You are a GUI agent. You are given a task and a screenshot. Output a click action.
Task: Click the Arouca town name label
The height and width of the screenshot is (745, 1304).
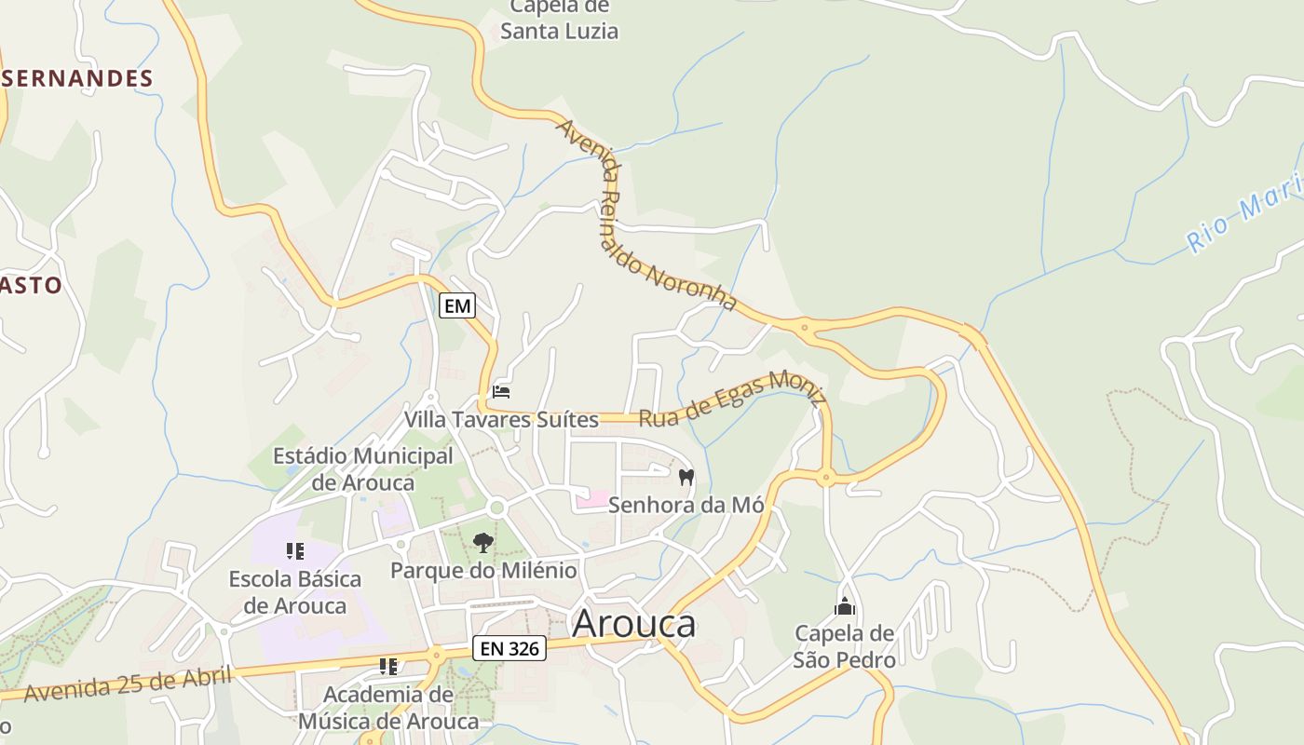point(633,624)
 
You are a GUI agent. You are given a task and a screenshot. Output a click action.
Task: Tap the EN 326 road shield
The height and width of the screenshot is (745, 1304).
point(509,648)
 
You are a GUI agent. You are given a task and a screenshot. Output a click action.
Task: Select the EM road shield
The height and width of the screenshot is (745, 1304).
point(457,305)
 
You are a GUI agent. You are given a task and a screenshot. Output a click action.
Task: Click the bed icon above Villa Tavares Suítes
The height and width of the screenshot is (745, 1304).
point(501,392)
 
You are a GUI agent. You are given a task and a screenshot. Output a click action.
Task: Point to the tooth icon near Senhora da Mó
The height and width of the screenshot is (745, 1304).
point(686,478)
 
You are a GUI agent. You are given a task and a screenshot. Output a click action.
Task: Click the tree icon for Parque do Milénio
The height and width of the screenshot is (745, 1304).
point(482,542)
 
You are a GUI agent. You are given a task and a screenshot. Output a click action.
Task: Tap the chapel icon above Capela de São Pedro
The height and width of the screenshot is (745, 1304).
point(845,607)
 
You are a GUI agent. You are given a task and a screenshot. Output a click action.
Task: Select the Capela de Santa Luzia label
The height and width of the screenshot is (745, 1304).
point(559,20)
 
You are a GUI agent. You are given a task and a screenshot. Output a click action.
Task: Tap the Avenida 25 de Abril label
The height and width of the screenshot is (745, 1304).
point(127,684)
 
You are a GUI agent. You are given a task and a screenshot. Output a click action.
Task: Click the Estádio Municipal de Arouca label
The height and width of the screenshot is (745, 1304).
point(362,469)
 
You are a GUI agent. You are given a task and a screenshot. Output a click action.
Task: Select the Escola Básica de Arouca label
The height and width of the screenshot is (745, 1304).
point(295,592)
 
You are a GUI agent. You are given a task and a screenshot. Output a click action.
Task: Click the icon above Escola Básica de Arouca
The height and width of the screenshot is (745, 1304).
point(295,551)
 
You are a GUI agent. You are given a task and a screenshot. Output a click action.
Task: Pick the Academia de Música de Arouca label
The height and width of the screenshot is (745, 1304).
point(388,708)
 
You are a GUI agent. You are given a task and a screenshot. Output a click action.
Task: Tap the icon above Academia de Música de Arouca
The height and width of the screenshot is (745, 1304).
point(388,667)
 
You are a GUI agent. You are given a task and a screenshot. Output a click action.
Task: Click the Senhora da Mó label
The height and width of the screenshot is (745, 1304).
point(686,506)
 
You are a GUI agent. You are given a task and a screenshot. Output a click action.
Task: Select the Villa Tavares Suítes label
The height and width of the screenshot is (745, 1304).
point(501,420)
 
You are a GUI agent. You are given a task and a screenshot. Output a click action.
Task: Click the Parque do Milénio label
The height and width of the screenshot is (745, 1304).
point(483,570)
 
